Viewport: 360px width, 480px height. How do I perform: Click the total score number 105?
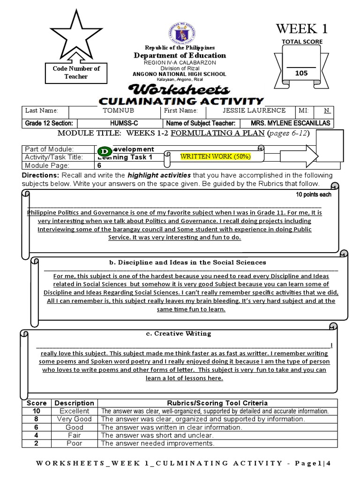point(301,73)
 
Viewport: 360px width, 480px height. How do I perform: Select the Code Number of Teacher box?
point(76,72)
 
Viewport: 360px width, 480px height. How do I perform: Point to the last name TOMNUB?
point(115,111)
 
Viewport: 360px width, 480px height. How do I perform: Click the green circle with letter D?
point(105,151)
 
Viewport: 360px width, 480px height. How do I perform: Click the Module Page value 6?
point(99,165)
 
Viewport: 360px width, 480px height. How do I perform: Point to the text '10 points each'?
point(314,195)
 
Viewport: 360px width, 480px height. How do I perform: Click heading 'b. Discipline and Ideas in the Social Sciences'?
point(187,262)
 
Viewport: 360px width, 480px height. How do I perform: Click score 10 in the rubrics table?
point(37,411)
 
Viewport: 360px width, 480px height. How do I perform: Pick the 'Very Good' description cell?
point(74,419)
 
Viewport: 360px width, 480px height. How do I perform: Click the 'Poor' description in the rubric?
point(74,443)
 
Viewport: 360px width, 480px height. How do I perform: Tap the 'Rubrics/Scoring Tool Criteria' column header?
point(217,403)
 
